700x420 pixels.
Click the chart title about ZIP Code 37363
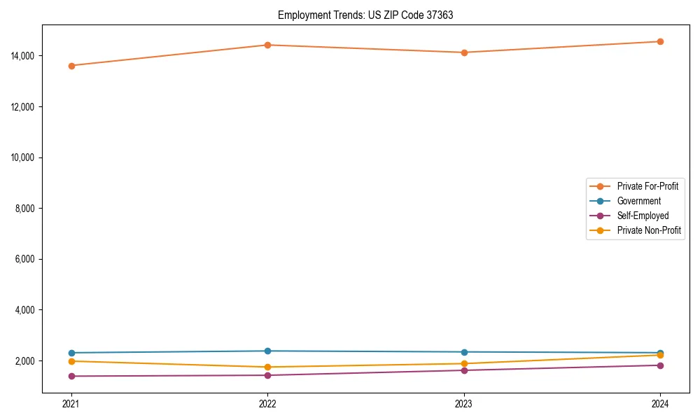(365, 15)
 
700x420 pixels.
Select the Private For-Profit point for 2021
(71, 66)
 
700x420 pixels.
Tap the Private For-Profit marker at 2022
(267, 45)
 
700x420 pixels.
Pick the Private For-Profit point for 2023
(464, 52)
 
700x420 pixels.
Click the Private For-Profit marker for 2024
(660, 41)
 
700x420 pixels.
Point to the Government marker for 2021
(71, 353)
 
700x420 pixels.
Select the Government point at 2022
(267, 351)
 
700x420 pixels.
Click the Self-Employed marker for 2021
(71, 376)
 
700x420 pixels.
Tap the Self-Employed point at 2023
(464, 370)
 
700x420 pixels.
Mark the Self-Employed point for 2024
(660, 365)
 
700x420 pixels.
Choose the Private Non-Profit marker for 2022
(267, 367)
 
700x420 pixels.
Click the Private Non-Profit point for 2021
(71, 361)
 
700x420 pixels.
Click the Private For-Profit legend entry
(647, 186)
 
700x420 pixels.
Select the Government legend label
(638, 201)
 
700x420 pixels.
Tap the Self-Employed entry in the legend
(643, 216)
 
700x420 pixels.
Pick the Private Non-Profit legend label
(649, 230)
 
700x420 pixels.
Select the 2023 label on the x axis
(464, 404)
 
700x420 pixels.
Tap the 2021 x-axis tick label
(71, 404)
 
